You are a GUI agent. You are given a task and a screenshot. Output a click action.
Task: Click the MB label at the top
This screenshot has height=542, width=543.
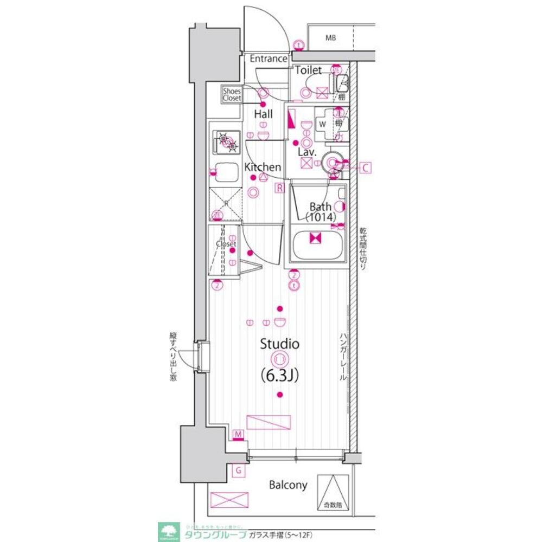coord(331,38)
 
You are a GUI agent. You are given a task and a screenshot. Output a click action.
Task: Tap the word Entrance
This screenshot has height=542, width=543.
coord(268,59)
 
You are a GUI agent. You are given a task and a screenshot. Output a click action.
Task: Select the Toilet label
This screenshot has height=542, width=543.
coord(308,70)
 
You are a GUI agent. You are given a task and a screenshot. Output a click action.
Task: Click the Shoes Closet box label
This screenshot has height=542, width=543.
coord(232,95)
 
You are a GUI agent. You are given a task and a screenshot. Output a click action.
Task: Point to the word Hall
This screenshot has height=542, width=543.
coord(264,114)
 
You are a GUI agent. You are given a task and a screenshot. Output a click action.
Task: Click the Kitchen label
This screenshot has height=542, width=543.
coord(263,167)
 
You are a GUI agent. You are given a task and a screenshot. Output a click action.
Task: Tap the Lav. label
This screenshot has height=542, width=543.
coord(306,152)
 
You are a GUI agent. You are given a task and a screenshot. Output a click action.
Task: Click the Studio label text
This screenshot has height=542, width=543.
coord(280,344)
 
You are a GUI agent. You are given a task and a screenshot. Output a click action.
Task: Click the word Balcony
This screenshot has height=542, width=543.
coord(289,485)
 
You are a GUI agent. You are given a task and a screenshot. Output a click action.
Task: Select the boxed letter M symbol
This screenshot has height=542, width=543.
coord(238,434)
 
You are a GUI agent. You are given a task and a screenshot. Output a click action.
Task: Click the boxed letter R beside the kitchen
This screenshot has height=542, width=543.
coord(279,188)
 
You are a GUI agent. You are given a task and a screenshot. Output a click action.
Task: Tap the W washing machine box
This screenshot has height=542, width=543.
coord(322,124)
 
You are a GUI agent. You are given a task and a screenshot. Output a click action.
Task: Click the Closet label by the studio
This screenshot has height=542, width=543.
coord(226,244)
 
